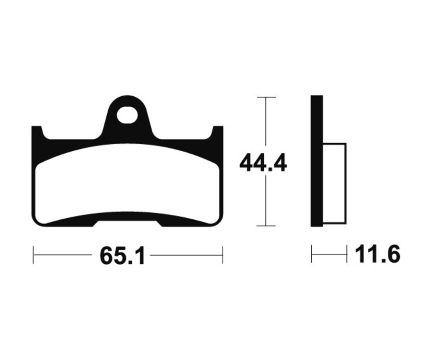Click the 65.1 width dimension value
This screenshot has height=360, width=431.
[122, 255]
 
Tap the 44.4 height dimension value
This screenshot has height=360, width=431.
[263, 163]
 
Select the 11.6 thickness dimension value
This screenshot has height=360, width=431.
[377, 255]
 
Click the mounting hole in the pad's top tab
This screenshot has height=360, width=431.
[127, 115]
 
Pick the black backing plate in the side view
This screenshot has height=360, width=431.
[317, 161]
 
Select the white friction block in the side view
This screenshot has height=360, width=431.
[335, 183]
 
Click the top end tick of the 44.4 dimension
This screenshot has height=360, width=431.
[266, 97]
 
